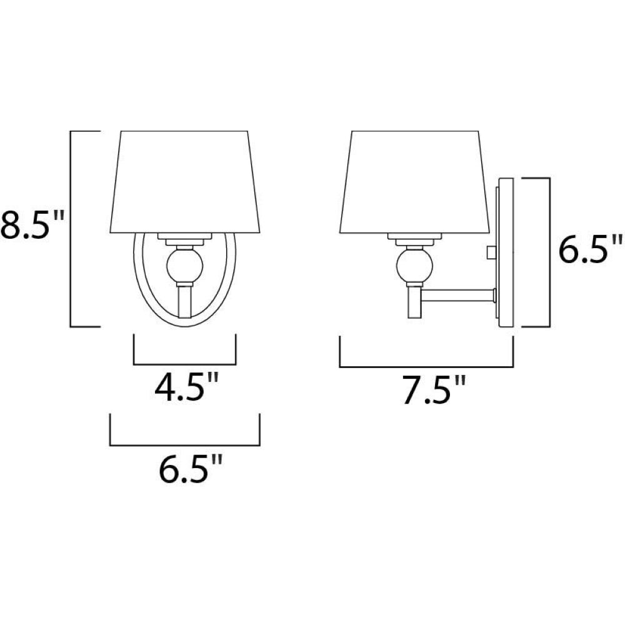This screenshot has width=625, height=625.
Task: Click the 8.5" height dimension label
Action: [x=32, y=226]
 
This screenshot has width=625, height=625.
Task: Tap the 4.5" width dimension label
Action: [x=186, y=387]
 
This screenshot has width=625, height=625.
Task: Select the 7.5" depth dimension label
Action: [x=434, y=390]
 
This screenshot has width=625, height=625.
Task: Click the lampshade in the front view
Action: [x=185, y=182]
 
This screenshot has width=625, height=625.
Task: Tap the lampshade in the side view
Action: [x=415, y=182]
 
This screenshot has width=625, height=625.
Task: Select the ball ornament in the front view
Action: [x=184, y=264]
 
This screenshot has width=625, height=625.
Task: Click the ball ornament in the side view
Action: [x=414, y=264]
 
